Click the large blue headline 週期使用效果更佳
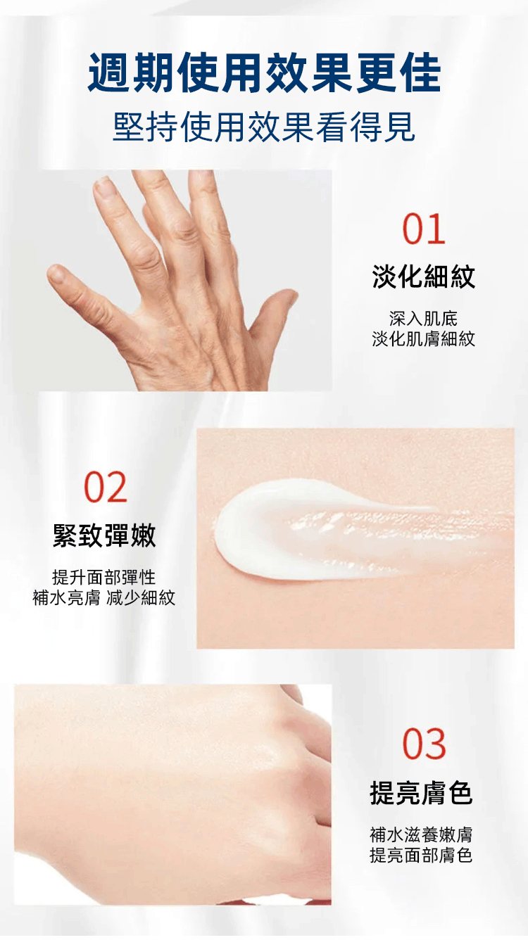click(x=264, y=72)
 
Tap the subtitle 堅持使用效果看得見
click(x=264, y=127)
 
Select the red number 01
click(x=423, y=229)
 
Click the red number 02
click(x=106, y=487)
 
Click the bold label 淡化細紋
click(x=423, y=277)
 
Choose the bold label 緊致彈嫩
click(x=105, y=535)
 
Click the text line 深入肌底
click(x=423, y=319)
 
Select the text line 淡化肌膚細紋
click(x=423, y=338)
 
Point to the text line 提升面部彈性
click(x=103, y=577)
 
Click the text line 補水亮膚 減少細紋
click(x=103, y=597)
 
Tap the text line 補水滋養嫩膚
click(x=421, y=834)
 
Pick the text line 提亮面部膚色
click(x=421, y=856)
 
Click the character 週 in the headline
click(x=108, y=72)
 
